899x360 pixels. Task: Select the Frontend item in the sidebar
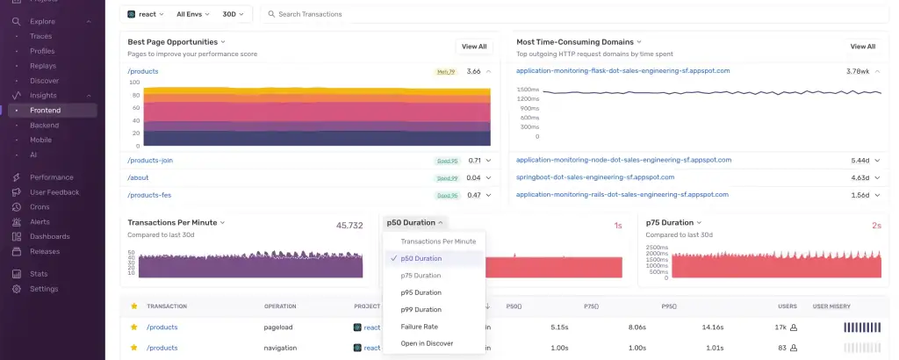[x=46, y=110]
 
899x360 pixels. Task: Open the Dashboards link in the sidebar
[x=51, y=236]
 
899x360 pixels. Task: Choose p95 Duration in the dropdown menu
[x=421, y=292]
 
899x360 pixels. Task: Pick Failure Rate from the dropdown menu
[x=420, y=327]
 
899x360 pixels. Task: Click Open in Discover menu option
[x=427, y=343]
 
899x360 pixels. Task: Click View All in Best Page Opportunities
[x=474, y=47]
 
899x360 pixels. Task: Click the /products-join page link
[x=150, y=161]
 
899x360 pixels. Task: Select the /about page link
[x=138, y=177]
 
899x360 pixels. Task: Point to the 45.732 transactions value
[x=349, y=226]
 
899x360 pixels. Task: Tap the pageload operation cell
[x=279, y=327]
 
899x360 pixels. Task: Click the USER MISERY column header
[x=831, y=306]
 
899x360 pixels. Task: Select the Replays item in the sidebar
[x=44, y=66]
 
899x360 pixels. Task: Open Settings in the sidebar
[x=44, y=289]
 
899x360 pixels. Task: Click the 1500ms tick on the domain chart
[x=528, y=90]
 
